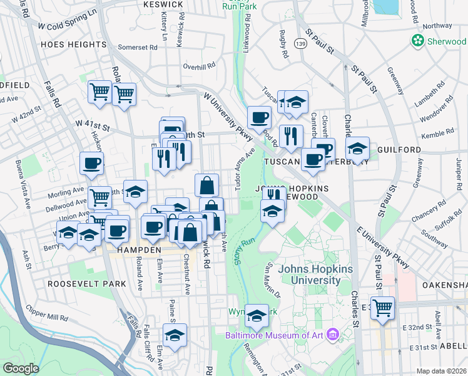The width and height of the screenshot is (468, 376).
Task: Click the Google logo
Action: (x=21, y=368)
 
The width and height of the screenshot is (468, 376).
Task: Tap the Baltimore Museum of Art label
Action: (x=276, y=335)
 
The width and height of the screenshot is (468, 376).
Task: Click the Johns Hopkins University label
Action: (x=315, y=274)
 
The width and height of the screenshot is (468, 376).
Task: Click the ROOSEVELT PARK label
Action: (x=86, y=283)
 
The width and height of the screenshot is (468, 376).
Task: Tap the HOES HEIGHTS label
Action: (x=73, y=44)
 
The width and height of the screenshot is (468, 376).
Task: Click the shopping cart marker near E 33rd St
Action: (x=382, y=308)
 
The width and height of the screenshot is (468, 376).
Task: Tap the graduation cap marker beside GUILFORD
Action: (x=357, y=149)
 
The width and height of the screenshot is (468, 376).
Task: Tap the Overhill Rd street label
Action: (x=199, y=65)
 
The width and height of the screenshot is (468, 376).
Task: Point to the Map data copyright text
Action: (x=441, y=371)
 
